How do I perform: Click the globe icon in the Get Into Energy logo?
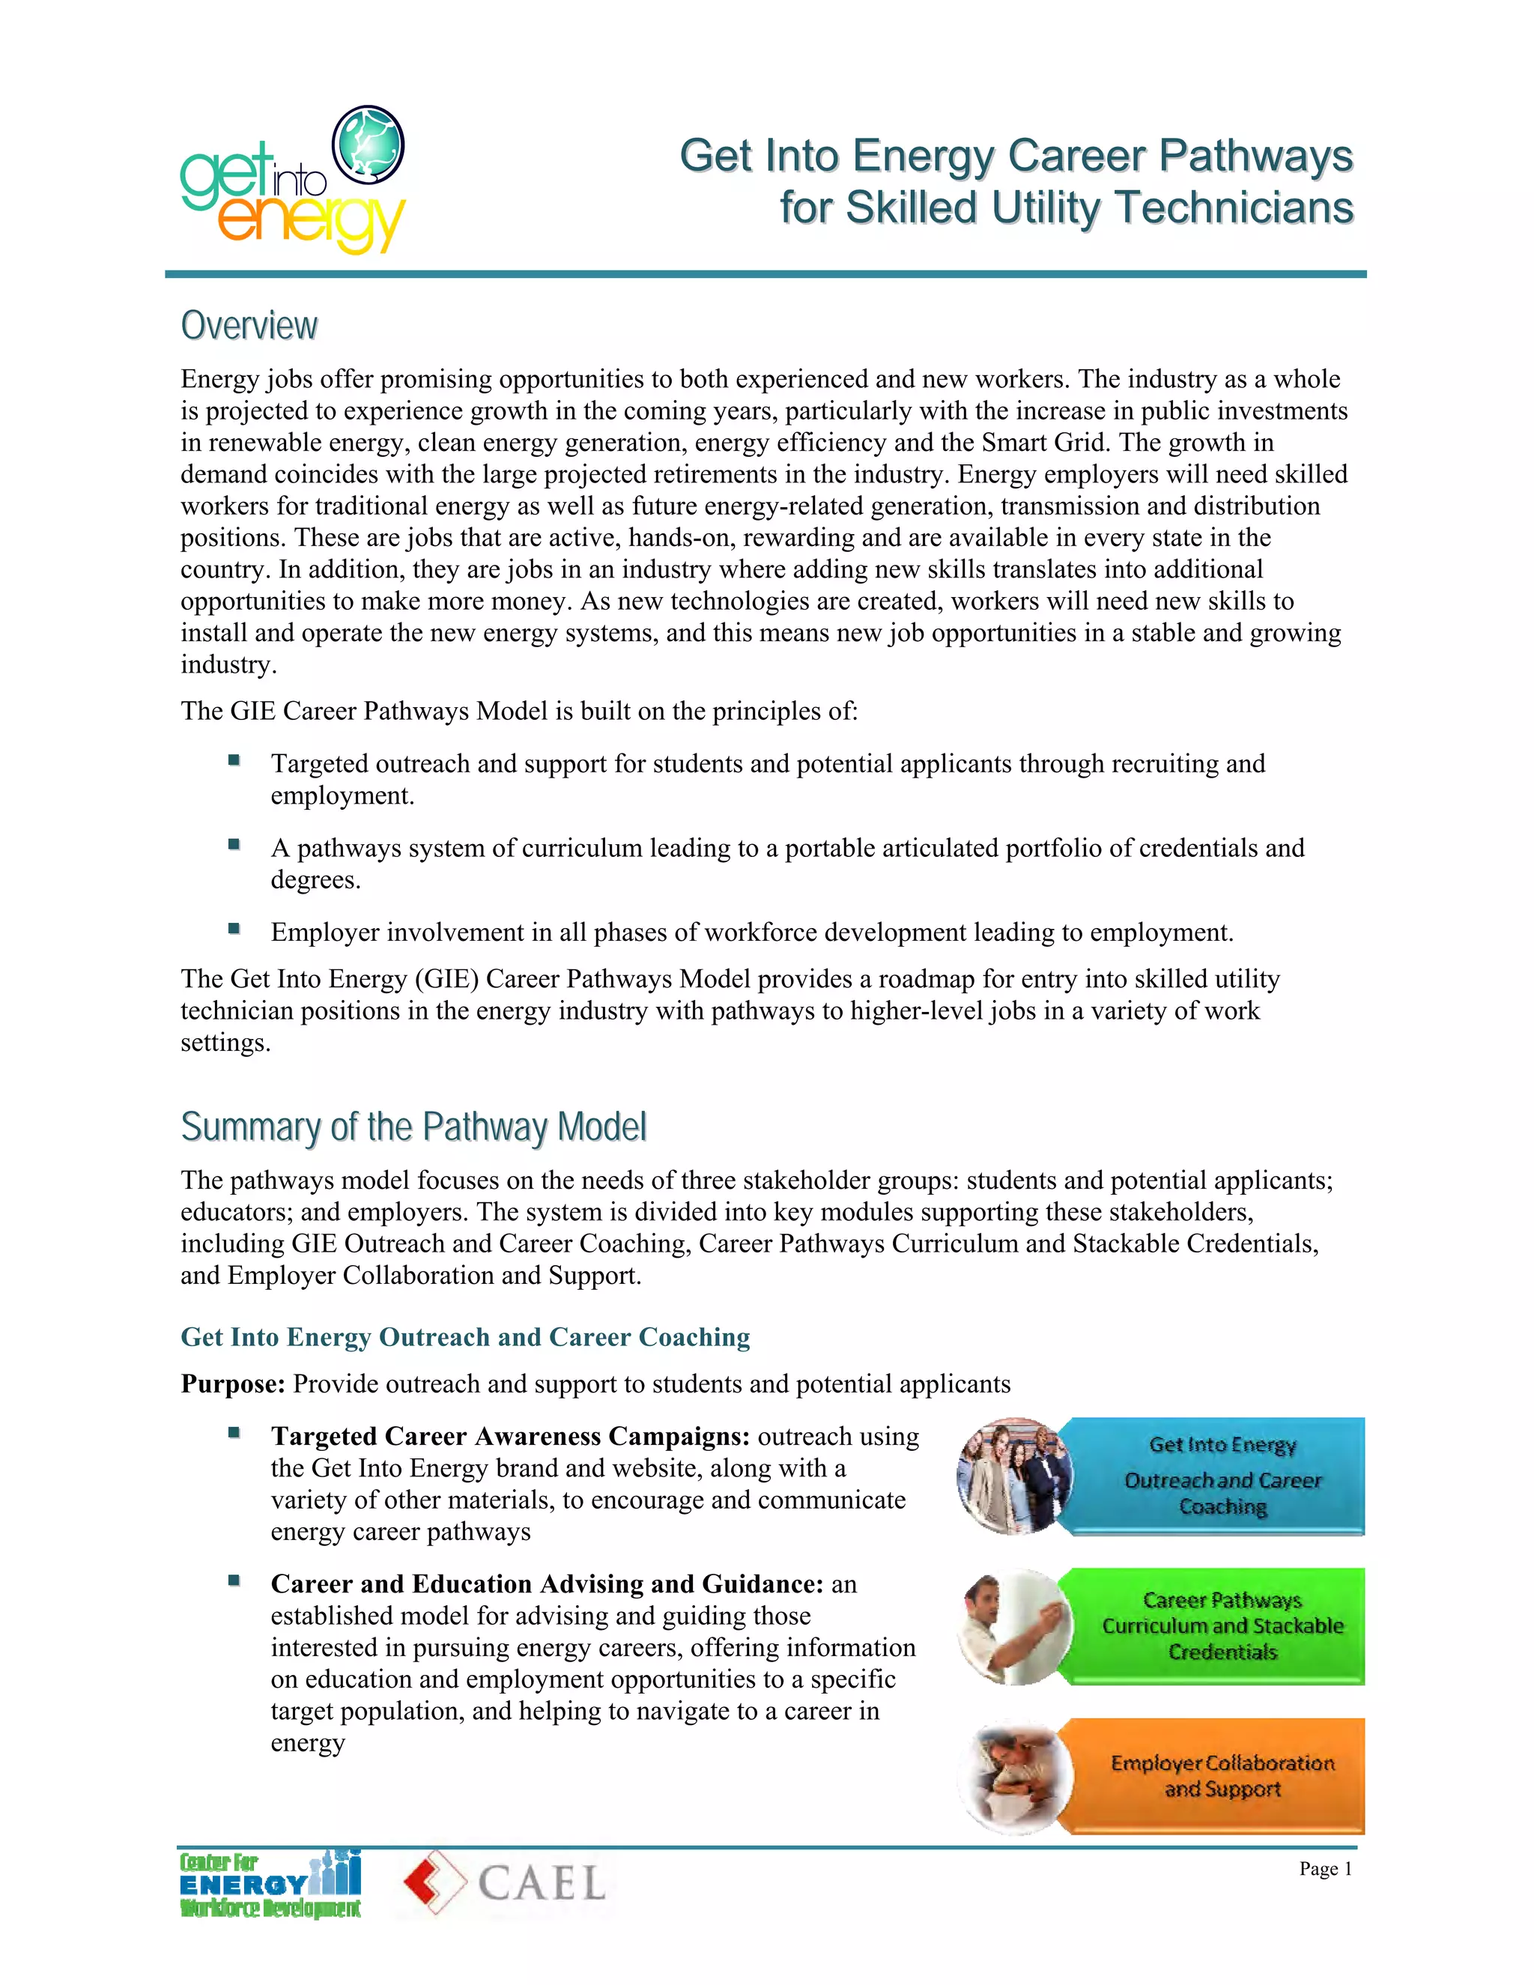coord(368,144)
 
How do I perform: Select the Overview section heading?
coord(249,325)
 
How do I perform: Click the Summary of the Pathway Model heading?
coord(413,1127)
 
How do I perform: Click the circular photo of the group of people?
coord(1014,1476)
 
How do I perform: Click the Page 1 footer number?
coord(1325,1869)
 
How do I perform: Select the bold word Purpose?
coord(234,1384)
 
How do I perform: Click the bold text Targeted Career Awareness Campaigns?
coord(510,1436)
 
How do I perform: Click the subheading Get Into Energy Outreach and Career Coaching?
coord(465,1337)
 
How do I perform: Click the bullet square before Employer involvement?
coord(234,928)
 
